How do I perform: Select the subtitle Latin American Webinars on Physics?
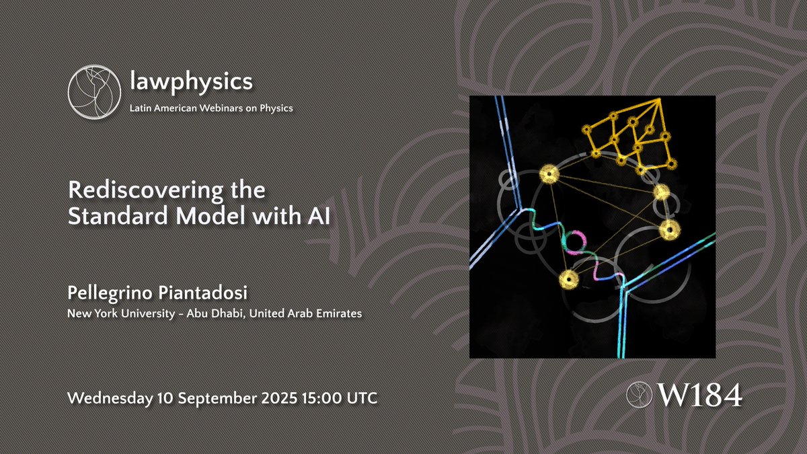tap(210, 108)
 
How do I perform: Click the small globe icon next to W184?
tap(638, 395)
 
